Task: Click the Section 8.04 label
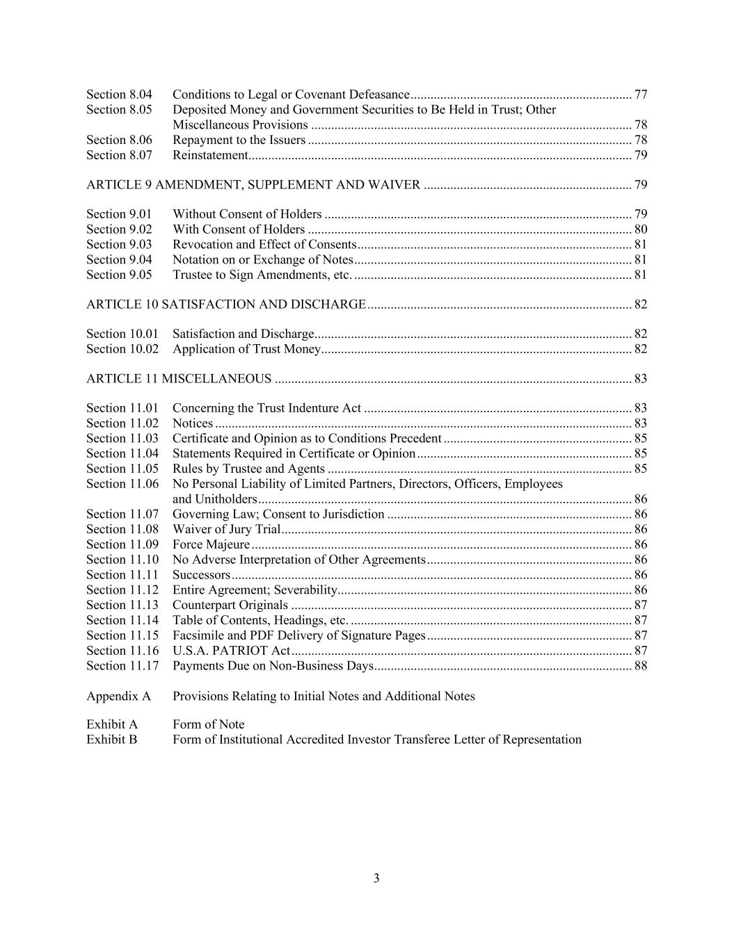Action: point(119,95)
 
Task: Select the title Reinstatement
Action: point(210,155)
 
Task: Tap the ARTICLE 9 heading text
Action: point(253,185)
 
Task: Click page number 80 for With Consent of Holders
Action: point(640,229)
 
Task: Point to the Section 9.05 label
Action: point(119,275)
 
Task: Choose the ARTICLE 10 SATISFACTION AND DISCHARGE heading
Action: point(226,305)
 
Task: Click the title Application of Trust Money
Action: point(246,349)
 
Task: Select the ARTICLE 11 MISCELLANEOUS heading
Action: point(179,379)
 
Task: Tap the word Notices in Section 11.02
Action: point(193,423)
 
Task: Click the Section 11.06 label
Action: point(122,484)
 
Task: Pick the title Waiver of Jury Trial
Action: point(226,530)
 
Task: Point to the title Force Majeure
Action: point(211,545)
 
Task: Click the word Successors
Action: point(201,575)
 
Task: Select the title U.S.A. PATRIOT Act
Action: point(231,651)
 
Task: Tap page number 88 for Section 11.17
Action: point(640,666)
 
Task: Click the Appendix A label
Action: point(118,696)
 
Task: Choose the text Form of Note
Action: point(209,724)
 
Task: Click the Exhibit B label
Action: point(112,740)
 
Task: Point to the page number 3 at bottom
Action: point(376,878)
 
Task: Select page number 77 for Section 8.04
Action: point(640,95)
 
